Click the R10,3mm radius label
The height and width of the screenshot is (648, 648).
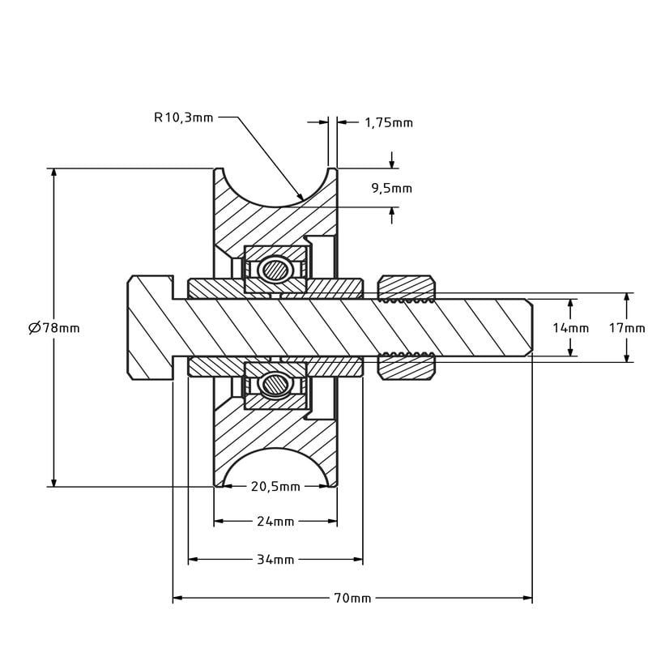click(x=184, y=117)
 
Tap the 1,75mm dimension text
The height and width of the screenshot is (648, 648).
click(x=389, y=123)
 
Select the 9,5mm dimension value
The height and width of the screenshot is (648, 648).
click(x=392, y=189)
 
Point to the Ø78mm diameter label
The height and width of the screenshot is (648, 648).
click(x=53, y=328)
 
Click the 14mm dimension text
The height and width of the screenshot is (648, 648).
click(x=571, y=328)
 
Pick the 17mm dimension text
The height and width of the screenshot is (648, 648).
click(x=627, y=328)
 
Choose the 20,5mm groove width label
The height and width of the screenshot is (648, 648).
click(x=275, y=487)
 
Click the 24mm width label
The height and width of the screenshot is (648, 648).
click(x=275, y=522)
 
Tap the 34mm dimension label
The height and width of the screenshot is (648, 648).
click(x=275, y=560)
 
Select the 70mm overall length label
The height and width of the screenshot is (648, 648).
click(x=352, y=598)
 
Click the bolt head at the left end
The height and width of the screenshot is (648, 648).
click(x=151, y=328)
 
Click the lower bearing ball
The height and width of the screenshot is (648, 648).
click(x=273, y=386)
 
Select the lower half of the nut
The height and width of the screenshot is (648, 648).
click(x=407, y=368)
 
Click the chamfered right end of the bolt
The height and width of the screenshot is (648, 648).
click(x=530, y=327)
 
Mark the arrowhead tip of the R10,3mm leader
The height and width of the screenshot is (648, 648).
click(x=303, y=200)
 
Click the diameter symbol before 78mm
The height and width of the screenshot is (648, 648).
click(x=34, y=328)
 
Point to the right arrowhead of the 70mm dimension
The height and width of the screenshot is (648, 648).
click(x=532, y=598)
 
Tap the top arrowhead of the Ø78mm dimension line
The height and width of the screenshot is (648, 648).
click(x=53, y=169)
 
